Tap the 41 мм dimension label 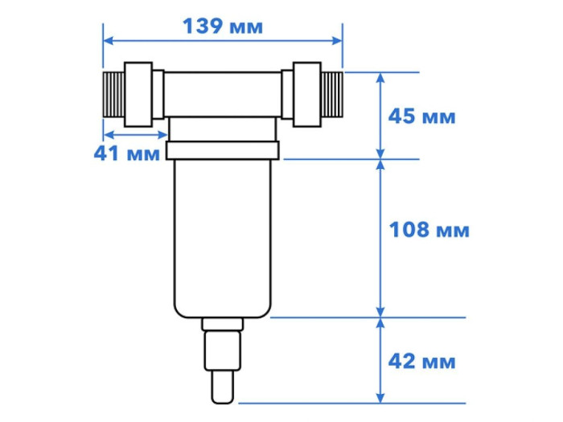click(127, 154)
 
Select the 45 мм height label click(422, 117)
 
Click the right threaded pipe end click(333, 96)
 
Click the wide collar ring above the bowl click(222, 150)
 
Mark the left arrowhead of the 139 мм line click(107, 39)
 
